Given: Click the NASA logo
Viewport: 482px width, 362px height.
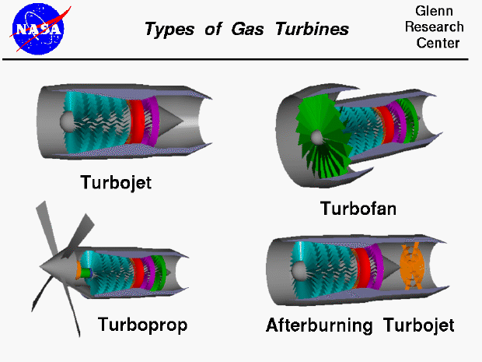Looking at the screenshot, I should (x=38, y=28).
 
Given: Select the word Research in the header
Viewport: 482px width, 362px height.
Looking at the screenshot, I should (x=438, y=27).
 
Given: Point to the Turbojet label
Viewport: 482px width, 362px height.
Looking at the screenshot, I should (x=116, y=183).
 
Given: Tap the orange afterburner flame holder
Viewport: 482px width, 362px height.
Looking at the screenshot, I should (x=410, y=265).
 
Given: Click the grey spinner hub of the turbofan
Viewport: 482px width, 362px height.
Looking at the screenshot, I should (x=316, y=138).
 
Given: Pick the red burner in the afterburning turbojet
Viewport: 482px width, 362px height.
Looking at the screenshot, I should (x=361, y=266).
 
